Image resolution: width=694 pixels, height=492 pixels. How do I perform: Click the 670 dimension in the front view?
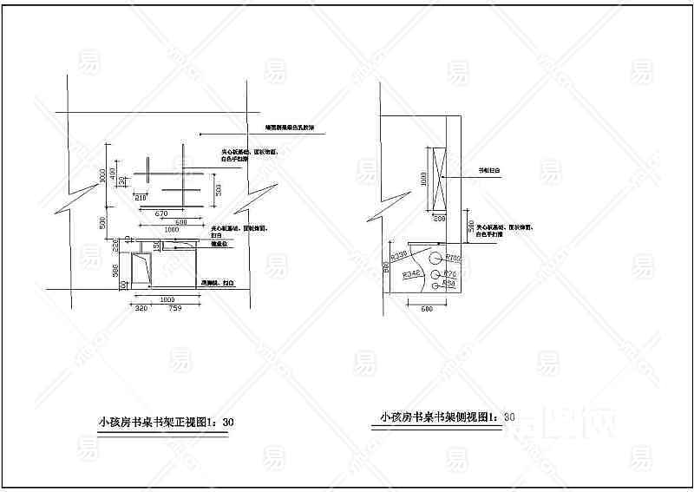pos(160,213)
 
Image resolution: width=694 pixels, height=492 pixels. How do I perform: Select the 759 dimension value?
pos(174,308)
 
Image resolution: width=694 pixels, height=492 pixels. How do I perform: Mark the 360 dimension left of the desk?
pos(115,272)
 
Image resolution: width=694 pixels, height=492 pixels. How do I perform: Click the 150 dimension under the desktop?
pos(157,249)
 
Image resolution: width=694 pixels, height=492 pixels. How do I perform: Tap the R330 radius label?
pos(400,256)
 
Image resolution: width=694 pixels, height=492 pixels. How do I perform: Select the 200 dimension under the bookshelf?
pos(439,220)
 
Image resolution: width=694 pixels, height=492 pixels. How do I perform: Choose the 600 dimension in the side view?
pos(426,309)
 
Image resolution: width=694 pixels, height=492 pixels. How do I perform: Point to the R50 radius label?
pos(449,284)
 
